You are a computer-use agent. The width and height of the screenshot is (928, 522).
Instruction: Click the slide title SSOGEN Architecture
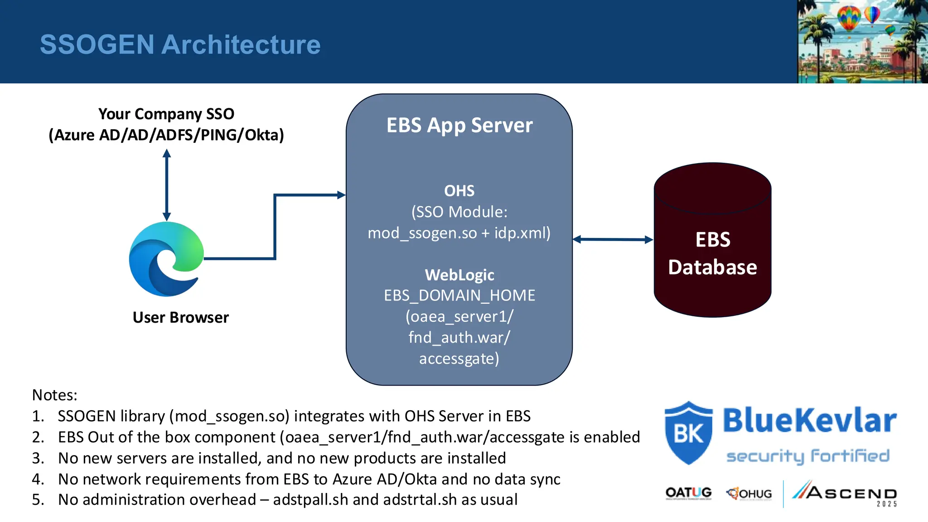pyautogui.click(x=180, y=44)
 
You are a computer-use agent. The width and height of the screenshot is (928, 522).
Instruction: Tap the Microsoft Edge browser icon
pyautogui.click(x=166, y=259)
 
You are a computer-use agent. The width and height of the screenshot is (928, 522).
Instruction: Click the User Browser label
pyautogui.click(x=180, y=317)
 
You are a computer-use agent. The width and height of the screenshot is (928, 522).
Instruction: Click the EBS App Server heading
pyautogui.click(x=459, y=126)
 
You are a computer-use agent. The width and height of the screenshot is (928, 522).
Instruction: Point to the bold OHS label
pyautogui.click(x=459, y=191)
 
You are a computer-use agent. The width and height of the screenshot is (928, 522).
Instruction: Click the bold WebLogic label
pyautogui.click(x=459, y=275)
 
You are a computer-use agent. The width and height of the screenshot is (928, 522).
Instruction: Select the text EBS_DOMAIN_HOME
pyautogui.click(x=459, y=295)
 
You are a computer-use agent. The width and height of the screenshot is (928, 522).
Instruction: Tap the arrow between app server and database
pyautogui.click(x=613, y=239)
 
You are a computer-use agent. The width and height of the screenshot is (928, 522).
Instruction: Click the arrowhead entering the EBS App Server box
pyautogui.click(x=342, y=195)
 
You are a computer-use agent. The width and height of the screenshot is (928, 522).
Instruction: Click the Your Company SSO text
pyautogui.click(x=166, y=114)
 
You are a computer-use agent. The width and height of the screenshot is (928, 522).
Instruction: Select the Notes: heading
pyautogui.click(x=55, y=395)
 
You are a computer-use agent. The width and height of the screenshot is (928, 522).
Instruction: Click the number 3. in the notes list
pyautogui.click(x=38, y=458)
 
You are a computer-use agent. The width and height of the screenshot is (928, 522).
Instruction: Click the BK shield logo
pyautogui.click(x=688, y=433)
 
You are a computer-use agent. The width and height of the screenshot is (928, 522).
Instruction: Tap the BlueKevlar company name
pyautogui.click(x=809, y=420)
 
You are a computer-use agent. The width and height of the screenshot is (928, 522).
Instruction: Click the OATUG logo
pyautogui.click(x=688, y=493)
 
